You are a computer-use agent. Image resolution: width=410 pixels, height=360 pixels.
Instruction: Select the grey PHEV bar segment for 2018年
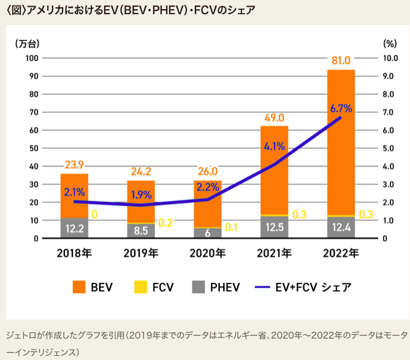coord(74,228)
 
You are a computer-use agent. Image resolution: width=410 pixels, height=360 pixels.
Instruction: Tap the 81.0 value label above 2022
coord(341,61)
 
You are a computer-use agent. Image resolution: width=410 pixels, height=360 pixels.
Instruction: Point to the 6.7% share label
coord(341,109)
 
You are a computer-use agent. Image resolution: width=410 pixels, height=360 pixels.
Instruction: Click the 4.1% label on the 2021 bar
coord(274,146)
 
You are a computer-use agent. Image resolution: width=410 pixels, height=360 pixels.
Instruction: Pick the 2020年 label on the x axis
coord(208,253)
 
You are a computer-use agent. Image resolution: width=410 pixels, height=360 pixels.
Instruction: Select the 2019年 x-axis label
coord(141,253)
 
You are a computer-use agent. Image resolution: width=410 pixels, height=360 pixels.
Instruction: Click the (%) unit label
coord(390,43)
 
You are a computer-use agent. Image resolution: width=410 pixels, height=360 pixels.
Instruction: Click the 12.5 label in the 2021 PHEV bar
coord(274,228)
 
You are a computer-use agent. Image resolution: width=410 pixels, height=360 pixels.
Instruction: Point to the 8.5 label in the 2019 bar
coord(141,231)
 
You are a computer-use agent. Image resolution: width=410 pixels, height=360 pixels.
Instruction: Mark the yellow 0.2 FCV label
coord(165,222)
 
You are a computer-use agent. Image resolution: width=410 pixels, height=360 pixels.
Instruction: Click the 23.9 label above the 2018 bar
coord(75,165)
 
